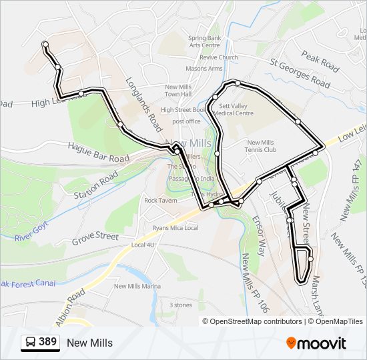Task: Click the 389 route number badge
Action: (x=47, y=342)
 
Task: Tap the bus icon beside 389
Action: (x=31, y=343)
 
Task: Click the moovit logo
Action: (x=316, y=343)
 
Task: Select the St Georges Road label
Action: (x=300, y=73)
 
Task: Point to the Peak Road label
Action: (x=320, y=61)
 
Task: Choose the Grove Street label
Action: (x=95, y=237)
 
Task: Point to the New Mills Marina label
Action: (x=137, y=286)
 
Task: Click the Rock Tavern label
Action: (x=160, y=200)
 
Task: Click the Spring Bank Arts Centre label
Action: (x=204, y=41)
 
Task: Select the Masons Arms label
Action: (x=204, y=68)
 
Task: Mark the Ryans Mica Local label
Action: (x=175, y=228)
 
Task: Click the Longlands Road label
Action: (x=144, y=103)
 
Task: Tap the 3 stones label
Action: (x=180, y=305)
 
